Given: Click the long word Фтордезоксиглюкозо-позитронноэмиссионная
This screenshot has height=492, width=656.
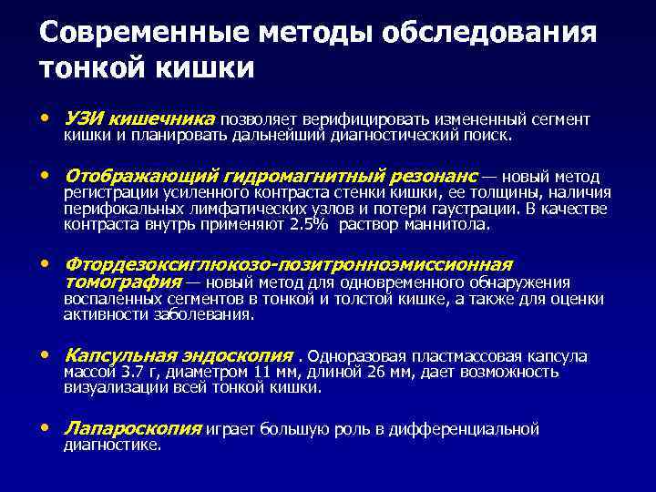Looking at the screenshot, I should coord(288,264).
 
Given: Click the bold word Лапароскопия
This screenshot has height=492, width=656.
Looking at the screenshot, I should coord(133,428).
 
